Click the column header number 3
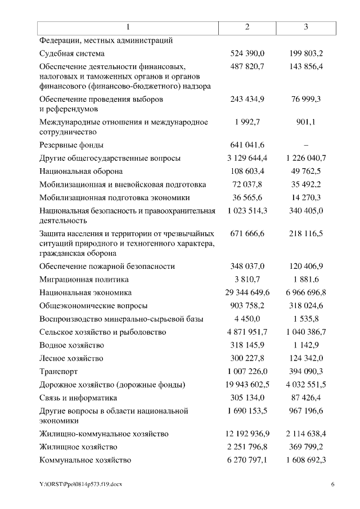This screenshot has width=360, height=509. [x=305, y=27]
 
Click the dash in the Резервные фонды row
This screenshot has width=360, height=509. [x=306, y=145]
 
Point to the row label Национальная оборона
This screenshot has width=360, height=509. [x=81, y=171]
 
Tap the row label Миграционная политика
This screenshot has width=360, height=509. [x=84, y=280]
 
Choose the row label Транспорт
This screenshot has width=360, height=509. [x=58, y=372]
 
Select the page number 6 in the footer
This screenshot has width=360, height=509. [x=332, y=485]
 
